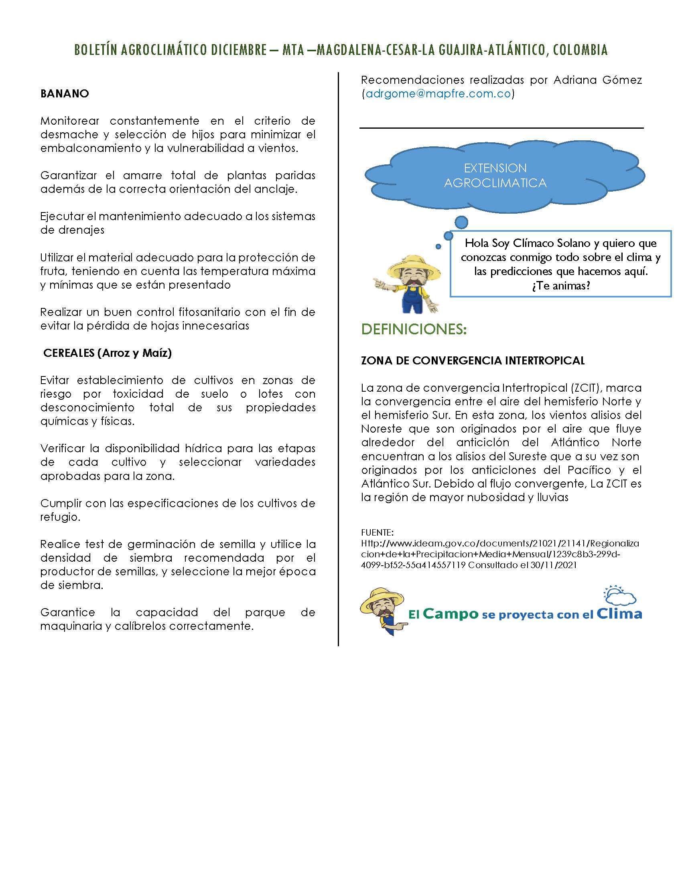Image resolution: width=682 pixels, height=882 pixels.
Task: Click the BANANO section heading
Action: pyautogui.click(x=64, y=94)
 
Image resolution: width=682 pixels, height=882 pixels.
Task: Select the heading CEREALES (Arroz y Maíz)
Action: pyautogui.click(x=108, y=353)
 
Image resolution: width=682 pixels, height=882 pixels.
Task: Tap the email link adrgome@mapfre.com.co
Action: pyautogui.click(x=438, y=94)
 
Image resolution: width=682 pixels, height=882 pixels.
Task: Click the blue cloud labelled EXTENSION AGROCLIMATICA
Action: pyautogui.click(x=495, y=176)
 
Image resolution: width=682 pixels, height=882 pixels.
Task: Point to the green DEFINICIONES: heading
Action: pyautogui.click(x=414, y=329)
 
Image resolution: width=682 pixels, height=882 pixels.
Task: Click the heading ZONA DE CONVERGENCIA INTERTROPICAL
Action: pyautogui.click(x=473, y=361)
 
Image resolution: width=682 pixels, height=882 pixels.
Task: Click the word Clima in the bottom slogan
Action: pyautogui.click(x=619, y=614)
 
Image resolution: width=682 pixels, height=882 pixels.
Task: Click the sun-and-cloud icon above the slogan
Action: pyautogui.click(x=619, y=595)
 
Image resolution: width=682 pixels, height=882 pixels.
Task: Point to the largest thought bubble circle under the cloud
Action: pyautogui.click(x=461, y=222)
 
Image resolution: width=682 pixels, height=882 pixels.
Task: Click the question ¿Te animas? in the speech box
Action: pyautogui.click(x=561, y=286)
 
